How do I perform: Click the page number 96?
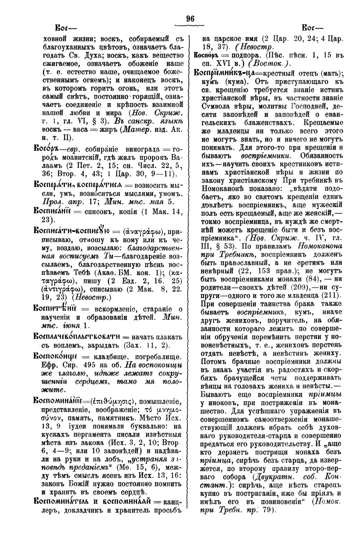[190, 18]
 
